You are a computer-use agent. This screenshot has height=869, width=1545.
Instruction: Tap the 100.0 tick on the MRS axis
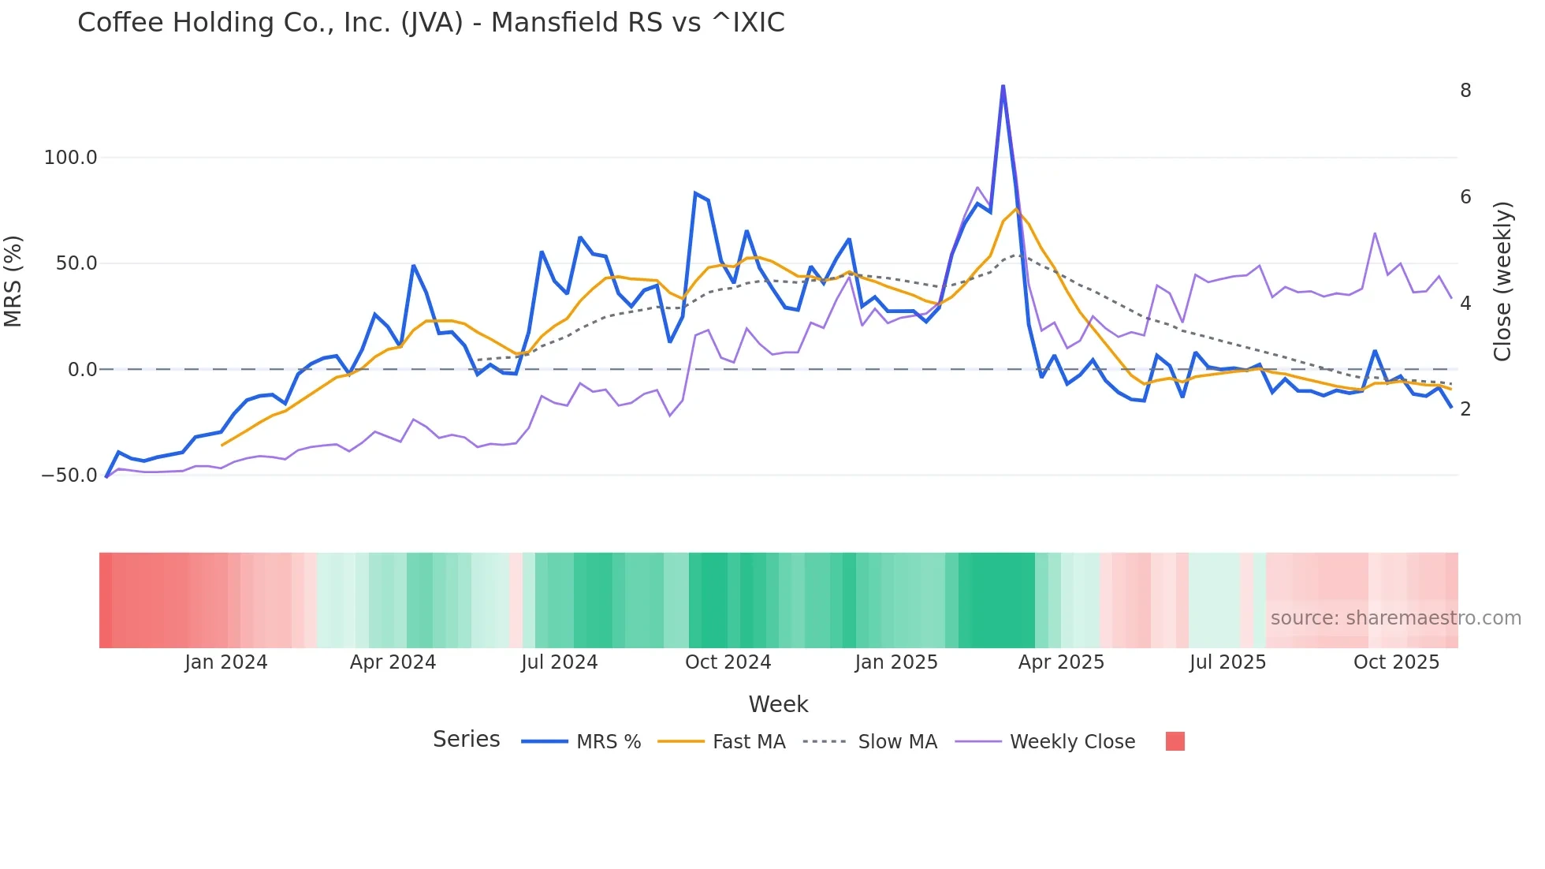coord(71,158)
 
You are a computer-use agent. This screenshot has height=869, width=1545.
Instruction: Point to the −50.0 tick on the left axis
coord(69,476)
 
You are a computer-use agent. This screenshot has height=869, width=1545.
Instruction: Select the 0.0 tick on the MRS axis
coord(82,369)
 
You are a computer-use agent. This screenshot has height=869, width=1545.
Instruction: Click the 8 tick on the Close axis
coord(1465,91)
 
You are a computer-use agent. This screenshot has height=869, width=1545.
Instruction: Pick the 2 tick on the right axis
coord(1465,408)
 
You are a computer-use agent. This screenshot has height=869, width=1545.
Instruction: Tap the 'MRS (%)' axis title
coord(13,281)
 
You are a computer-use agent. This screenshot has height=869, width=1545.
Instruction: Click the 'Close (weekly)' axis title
coord(1502,282)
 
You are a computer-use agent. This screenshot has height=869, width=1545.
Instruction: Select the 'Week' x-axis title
coord(778,704)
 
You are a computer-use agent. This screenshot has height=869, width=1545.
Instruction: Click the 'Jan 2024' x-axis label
coord(226,662)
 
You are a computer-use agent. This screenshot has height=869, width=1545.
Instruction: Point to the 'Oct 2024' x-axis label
coord(728,662)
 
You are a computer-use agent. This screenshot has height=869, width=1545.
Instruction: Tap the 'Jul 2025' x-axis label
coord(1227,662)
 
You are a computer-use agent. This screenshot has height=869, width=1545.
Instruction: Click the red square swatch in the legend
coord(1175,741)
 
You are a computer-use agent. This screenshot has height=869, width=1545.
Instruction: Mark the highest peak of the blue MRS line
coord(1003,86)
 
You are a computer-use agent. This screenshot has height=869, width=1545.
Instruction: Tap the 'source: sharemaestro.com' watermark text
coord(1395,618)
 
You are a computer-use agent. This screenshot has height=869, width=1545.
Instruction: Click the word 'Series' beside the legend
coord(466,740)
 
